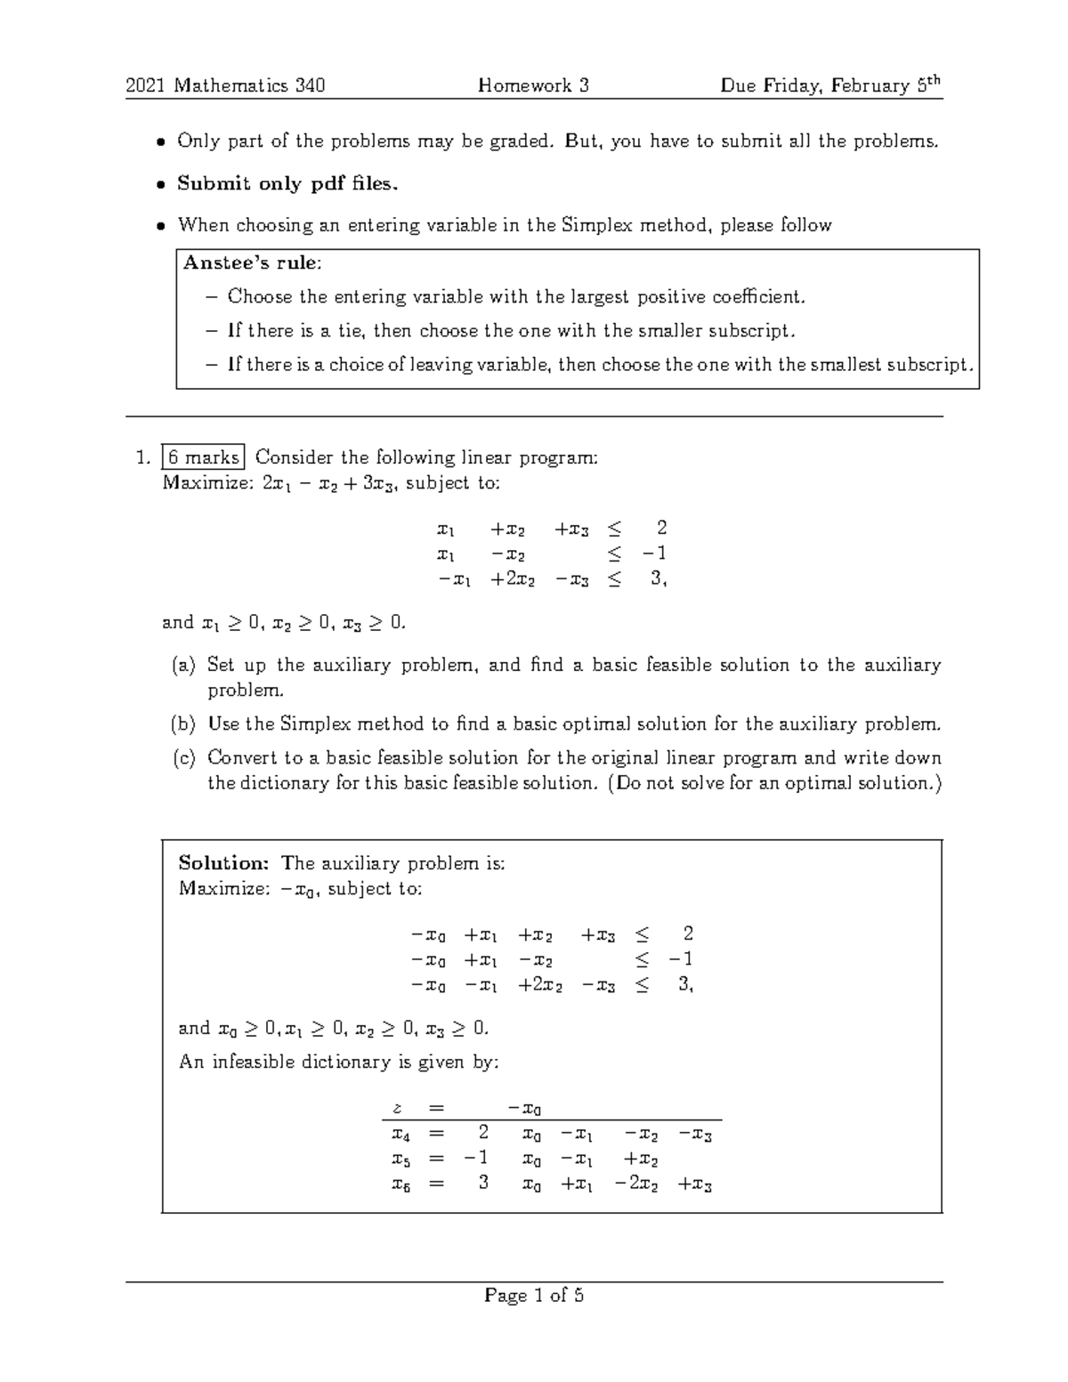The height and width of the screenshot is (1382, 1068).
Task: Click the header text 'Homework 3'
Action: (533, 85)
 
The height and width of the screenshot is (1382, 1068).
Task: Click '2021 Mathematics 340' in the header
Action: (225, 85)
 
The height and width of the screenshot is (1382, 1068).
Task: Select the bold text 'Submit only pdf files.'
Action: (287, 183)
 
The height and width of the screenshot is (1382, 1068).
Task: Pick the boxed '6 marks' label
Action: (203, 457)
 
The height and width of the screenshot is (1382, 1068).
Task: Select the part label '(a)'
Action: (183, 665)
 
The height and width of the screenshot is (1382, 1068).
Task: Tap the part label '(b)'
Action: (183, 723)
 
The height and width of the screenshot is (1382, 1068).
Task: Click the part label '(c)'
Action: (183, 757)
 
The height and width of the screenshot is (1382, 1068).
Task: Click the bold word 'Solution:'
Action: (223, 862)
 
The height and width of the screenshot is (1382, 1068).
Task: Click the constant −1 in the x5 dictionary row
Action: (476, 1158)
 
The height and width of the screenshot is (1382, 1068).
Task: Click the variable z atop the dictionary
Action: (398, 1108)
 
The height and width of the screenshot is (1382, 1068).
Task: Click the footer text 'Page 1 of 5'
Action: (534, 1296)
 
